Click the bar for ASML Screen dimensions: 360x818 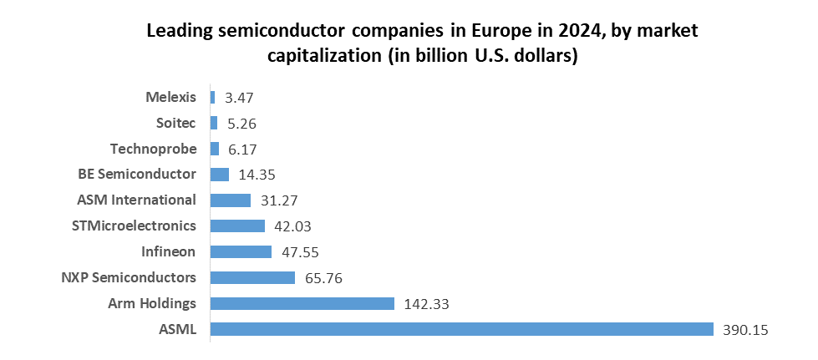click(x=461, y=329)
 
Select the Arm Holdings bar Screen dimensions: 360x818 click(x=302, y=303)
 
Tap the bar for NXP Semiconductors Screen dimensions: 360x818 click(x=252, y=277)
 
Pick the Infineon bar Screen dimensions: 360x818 click(x=241, y=251)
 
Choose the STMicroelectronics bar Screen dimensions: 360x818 click(x=237, y=226)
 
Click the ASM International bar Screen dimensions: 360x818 click(x=231, y=200)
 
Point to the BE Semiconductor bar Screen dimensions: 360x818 click(x=220, y=175)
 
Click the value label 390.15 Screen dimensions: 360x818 click(x=744, y=330)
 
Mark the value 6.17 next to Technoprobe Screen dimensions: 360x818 click(x=241, y=150)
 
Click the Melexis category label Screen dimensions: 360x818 click(x=171, y=97)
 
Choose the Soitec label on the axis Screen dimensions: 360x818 click(x=175, y=123)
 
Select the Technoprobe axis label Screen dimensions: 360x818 click(x=153, y=149)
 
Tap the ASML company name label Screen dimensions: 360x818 click(x=177, y=329)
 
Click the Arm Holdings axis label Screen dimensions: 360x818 click(x=152, y=303)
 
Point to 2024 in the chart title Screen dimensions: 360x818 click(x=549, y=32)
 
